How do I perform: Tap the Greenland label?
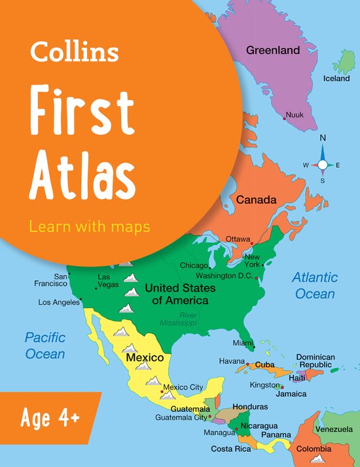272,50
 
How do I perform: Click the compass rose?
323,164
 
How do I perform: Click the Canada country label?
257,200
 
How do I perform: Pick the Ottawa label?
238,238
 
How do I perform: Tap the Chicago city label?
194,266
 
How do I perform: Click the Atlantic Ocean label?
315,286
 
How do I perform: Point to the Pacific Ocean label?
45,345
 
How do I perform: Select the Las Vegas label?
109,280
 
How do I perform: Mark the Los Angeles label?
58,303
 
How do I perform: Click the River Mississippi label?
179,319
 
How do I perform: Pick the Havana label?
231,361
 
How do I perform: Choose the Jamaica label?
291,394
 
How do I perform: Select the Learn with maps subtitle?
90,227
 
